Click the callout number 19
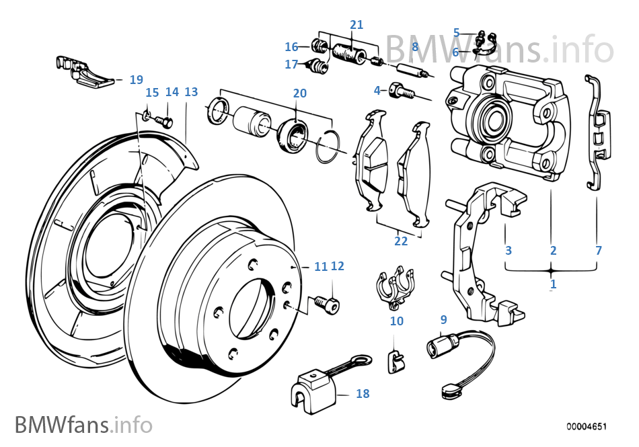pyautogui.click(x=136, y=79)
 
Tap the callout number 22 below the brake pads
pyautogui.click(x=401, y=241)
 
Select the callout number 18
pyautogui.click(x=363, y=394)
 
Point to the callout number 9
pyautogui.click(x=443, y=319)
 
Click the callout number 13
pyautogui.click(x=191, y=91)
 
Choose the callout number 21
pyautogui.click(x=356, y=25)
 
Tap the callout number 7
pyautogui.click(x=599, y=251)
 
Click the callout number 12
pyautogui.click(x=338, y=266)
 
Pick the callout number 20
pyautogui.click(x=299, y=93)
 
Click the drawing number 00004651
pyautogui.click(x=587, y=426)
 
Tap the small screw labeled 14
pyautogui.click(x=165, y=122)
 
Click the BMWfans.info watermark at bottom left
pyautogui.click(x=83, y=425)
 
